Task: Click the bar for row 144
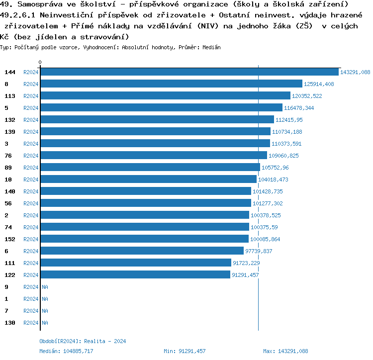click(x=189, y=72)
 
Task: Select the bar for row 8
click(x=171, y=84)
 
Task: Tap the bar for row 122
click(x=135, y=275)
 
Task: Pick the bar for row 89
click(x=150, y=168)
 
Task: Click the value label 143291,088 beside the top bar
click(x=355, y=72)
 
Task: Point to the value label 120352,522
click(x=307, y=96)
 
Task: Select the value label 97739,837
click(x=259, y=251)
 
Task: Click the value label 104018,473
click(x=273, y=180)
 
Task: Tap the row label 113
click(x=10, y=96)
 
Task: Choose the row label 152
click(x=10, y=239)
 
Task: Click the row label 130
click(x=10, y=323)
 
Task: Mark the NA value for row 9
click(x=45, y=287)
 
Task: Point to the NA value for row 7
click(x=45, y=311)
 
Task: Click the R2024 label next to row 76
click(x=31, y=156)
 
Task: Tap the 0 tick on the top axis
click(x=40, y=62)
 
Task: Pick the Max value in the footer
click(x=293, y=351)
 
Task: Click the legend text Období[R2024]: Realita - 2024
click(x=83, y=341)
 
